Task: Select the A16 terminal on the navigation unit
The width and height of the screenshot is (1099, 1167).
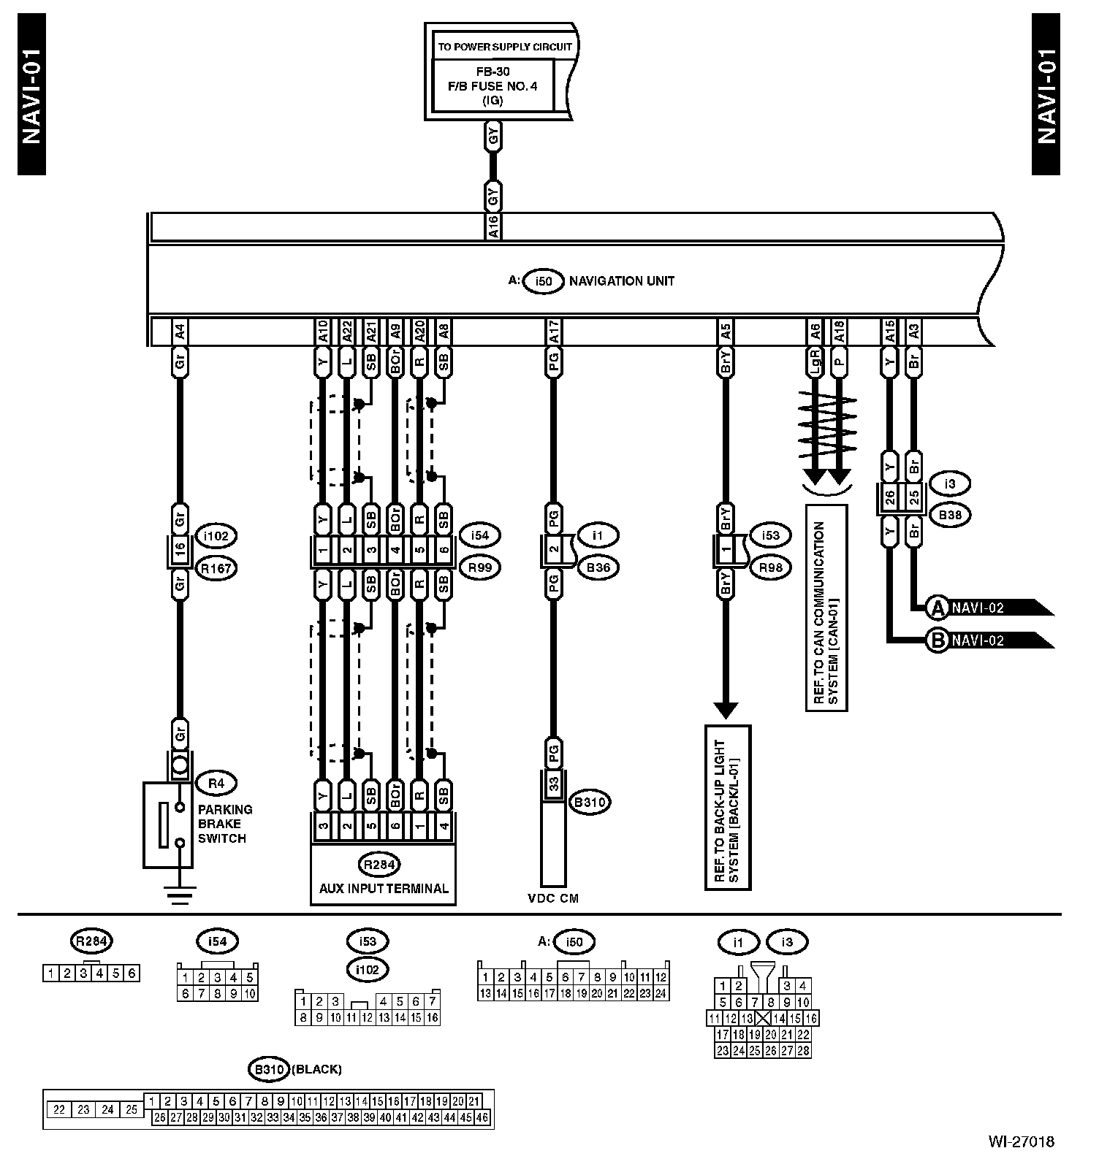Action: [493, 226]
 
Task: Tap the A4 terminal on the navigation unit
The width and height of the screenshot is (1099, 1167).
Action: [180, 332]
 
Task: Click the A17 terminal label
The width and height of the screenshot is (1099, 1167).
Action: [553, 332]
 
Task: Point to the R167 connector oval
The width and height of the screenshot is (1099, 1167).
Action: [216, 567]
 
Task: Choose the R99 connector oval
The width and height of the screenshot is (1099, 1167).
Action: [479, 567]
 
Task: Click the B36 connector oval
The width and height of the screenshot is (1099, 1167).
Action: [598, 567]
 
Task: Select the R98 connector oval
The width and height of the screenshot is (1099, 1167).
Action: [770, 567]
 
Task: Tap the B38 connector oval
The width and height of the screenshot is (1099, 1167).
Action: [950, 515]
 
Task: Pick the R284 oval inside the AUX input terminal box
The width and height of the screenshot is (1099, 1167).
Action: [379, 865]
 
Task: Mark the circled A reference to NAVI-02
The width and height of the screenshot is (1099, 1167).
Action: [936, 607]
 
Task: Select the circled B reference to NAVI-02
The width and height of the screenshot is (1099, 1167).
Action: [936, 640]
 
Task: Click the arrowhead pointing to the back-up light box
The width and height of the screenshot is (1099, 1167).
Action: [726, 710]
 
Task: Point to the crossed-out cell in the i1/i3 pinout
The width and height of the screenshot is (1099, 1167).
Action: [763, 1018]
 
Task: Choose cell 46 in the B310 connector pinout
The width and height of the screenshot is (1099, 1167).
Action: [482, 1117]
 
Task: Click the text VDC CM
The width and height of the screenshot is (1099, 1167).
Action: [553, 898]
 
